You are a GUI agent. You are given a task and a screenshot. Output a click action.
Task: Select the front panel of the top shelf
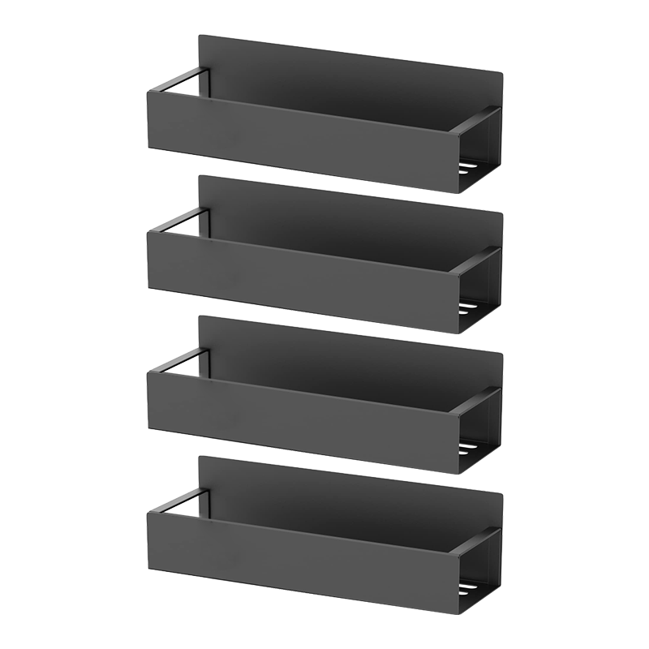[300, 138]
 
